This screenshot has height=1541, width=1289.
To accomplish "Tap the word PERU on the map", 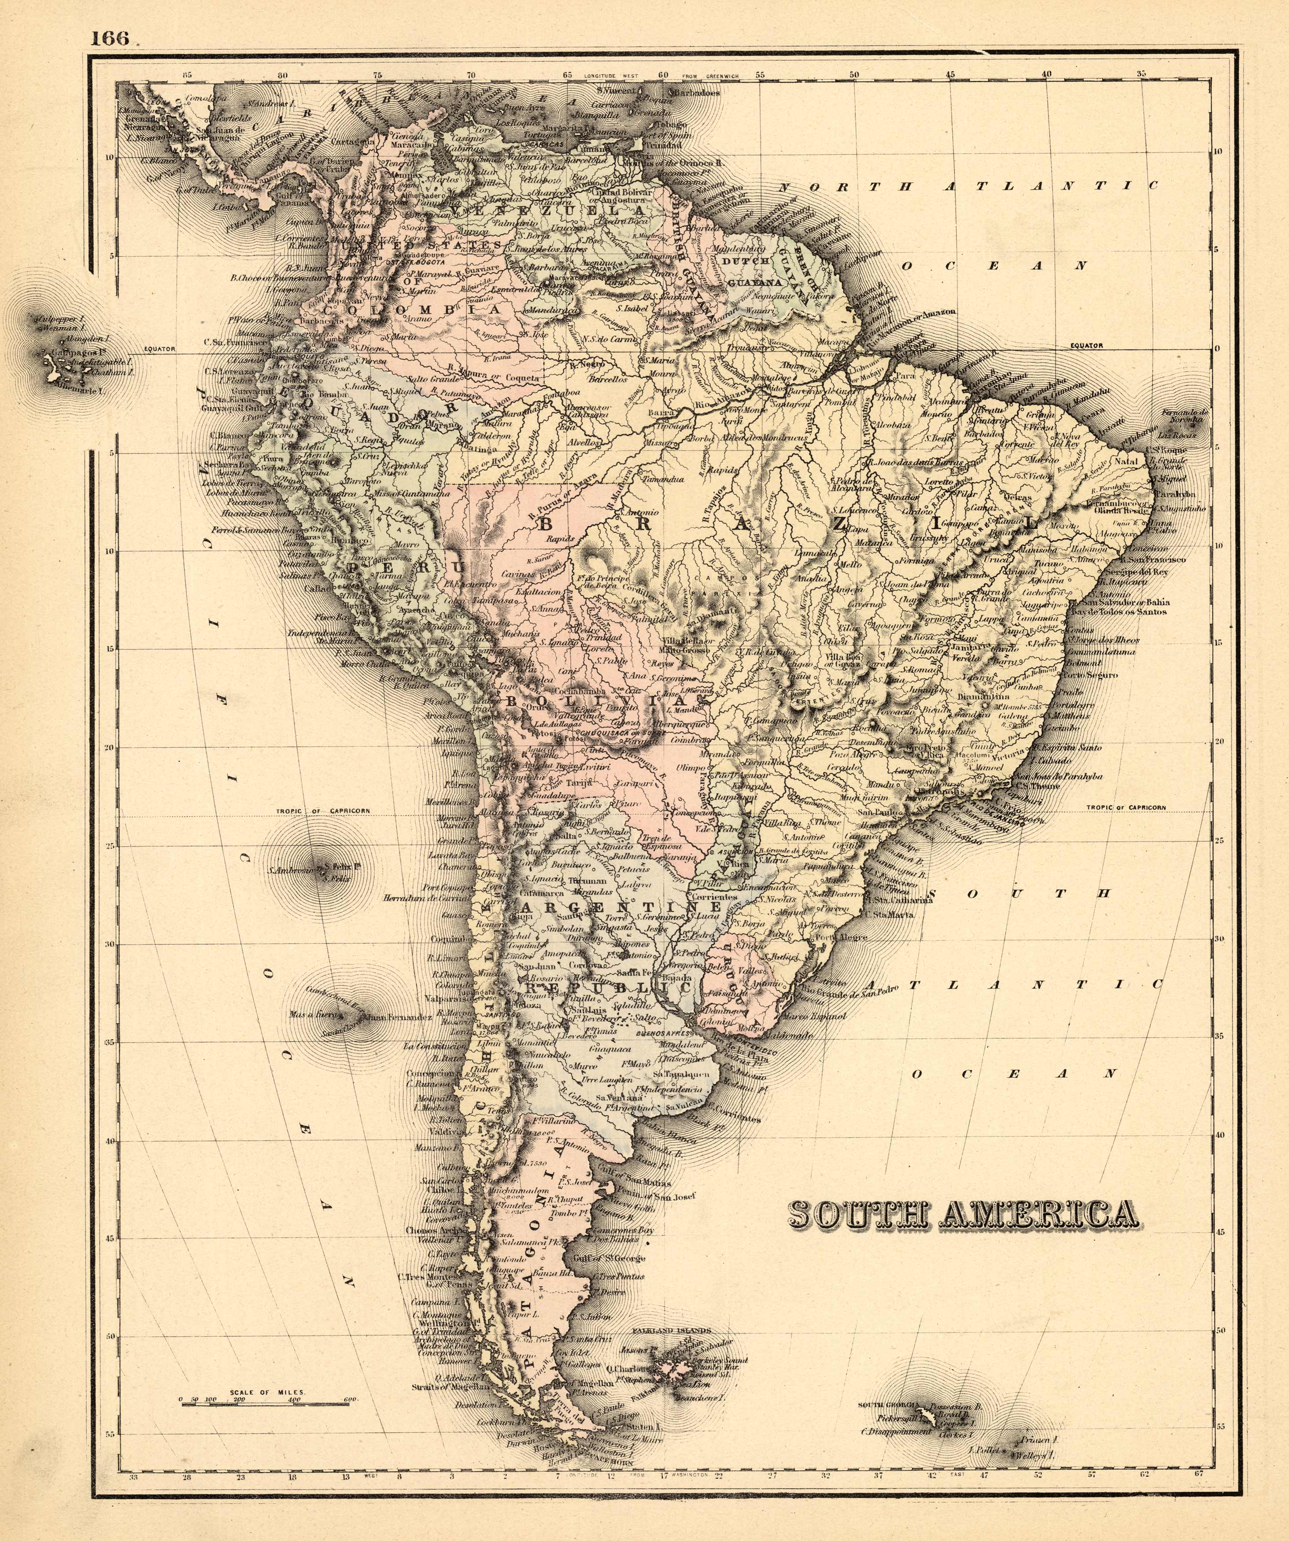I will point(406,568).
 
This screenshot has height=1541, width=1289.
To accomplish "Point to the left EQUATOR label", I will point(160,349).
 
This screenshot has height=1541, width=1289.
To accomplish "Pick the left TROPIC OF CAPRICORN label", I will point(323,811).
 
